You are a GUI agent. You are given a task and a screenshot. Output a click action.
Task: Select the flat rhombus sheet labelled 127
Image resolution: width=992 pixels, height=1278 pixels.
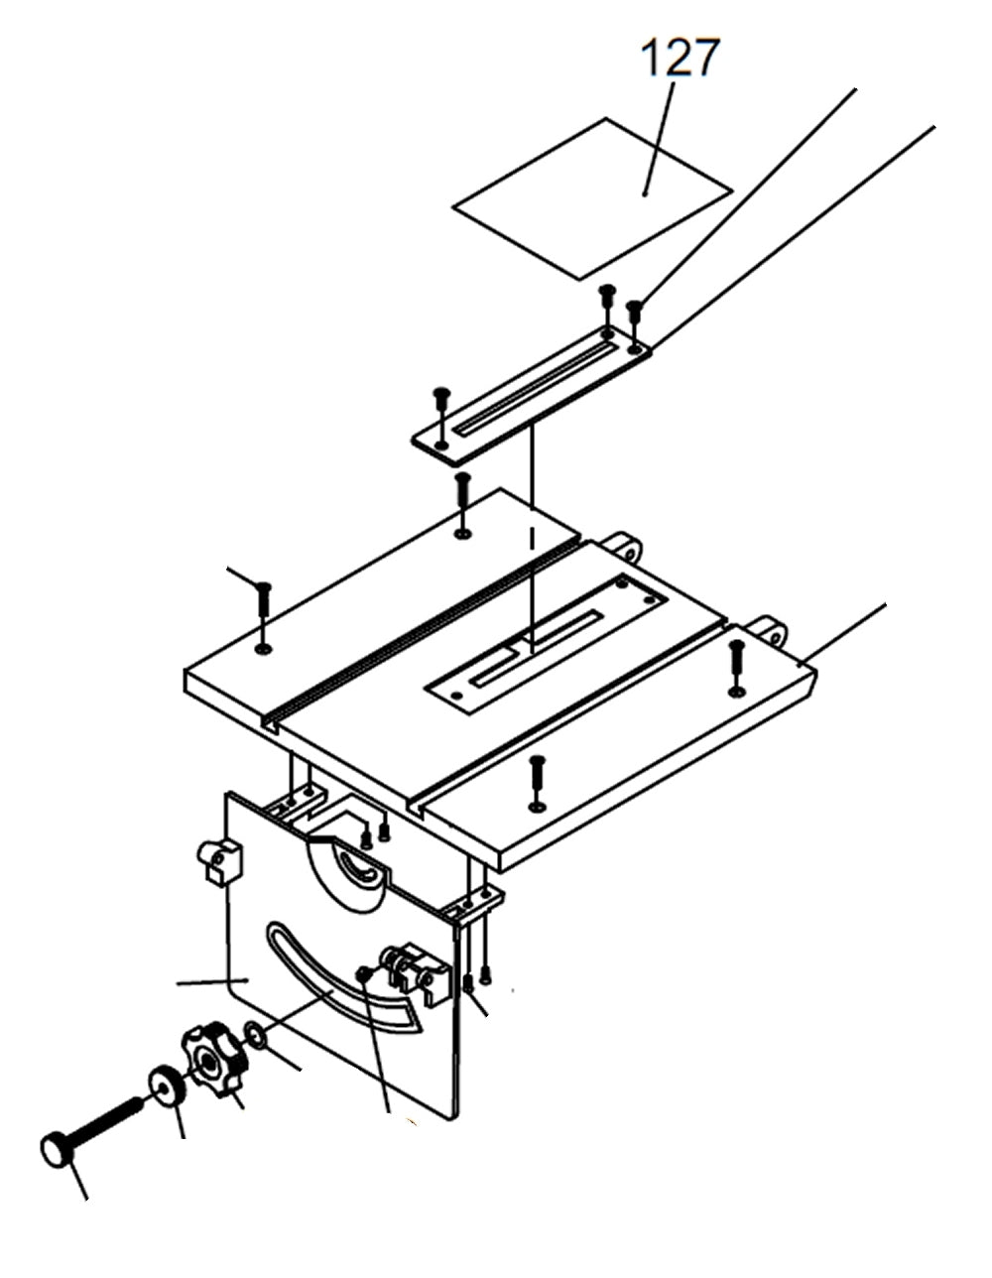coord(593,198)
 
